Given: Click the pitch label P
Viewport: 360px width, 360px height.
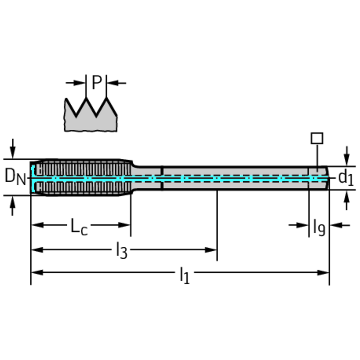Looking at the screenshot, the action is tap(97, 82).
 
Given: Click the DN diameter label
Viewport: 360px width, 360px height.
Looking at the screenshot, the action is tap(15, 176).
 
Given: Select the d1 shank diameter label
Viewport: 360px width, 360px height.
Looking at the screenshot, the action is tap(345, 178).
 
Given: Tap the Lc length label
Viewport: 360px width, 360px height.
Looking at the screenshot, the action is tap(79, 227).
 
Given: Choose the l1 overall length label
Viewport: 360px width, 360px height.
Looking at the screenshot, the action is tap(185, 275).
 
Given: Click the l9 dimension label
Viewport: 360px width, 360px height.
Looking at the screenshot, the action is tap(319, 228).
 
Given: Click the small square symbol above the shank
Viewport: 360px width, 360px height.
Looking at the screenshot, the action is tap(317, 138).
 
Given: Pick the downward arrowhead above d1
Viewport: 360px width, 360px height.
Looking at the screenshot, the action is tap(347, 159).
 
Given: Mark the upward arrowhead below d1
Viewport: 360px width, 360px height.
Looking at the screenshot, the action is tap(347, 197).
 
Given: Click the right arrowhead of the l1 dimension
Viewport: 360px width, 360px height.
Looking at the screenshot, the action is tap(323, 273).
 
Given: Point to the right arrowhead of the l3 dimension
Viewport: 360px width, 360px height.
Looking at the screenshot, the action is tap(211, 250).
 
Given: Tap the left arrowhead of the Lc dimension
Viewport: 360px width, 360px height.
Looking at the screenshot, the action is tap(37, 225).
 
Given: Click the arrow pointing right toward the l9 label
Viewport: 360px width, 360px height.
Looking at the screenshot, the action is tap(298, 225).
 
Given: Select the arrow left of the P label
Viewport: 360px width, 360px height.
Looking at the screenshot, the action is tap(75, 83).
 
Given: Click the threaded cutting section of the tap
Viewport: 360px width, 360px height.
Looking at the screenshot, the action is tap(82, 177).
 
